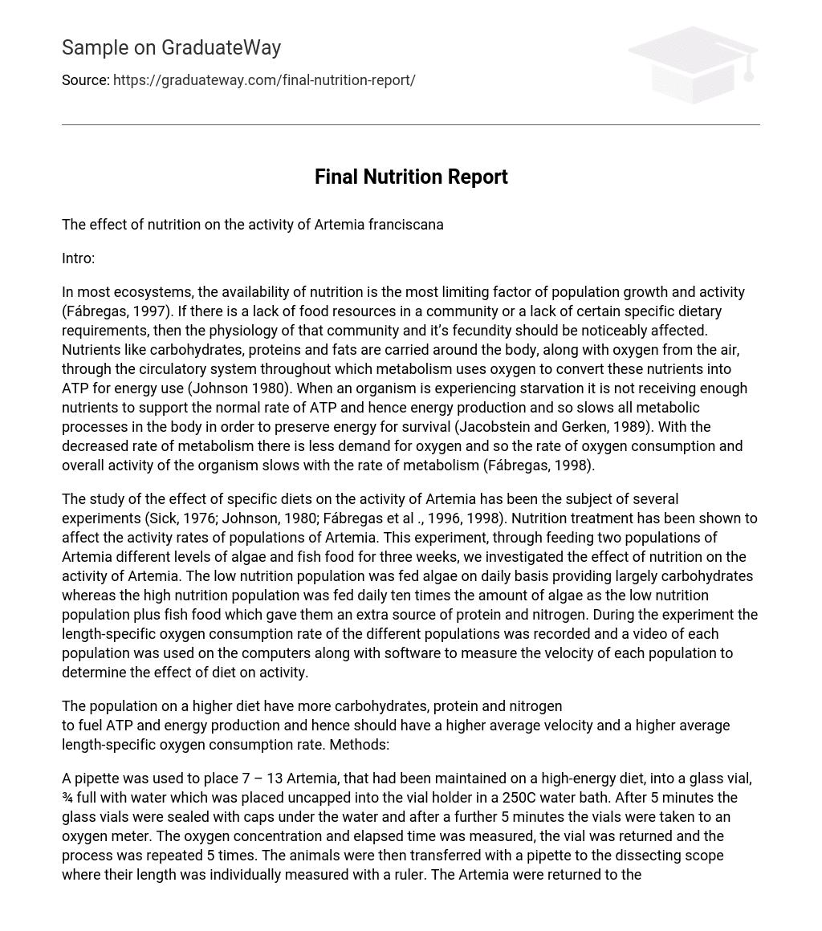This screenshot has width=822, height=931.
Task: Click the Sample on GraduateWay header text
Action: tap(171, 48)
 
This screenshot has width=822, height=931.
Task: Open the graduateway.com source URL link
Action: tap(264, 80)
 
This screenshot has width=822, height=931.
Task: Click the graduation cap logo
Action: tap(693, 64)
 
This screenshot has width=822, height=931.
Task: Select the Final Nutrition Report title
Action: tap(411, 177)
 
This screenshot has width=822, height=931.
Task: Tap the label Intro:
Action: tap(78, 258)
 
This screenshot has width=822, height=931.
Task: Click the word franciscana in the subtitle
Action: tap(405, 225)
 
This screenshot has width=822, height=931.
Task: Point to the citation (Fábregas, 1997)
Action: tap(112, 311)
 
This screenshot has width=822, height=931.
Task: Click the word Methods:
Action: tap(360, 745)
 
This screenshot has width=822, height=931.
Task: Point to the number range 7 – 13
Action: tap(257, 779)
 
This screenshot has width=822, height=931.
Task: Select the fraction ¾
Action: tap(67, 798)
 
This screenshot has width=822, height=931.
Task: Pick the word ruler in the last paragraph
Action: tap(404, 875)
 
